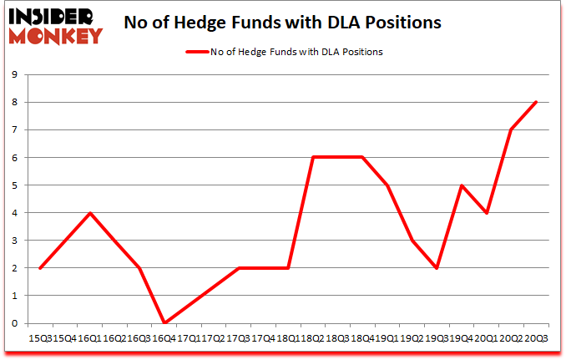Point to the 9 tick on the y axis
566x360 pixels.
15,74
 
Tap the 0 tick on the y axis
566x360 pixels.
15,323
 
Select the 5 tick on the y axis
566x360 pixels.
15,185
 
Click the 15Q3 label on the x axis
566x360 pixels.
42,337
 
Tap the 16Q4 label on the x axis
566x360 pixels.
165,337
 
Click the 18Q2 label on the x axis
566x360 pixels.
314,337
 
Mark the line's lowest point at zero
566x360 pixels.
164,323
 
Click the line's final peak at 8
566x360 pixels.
536,102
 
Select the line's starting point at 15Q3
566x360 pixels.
41,268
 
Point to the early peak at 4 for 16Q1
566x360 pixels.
90,213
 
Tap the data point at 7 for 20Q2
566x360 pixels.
511,129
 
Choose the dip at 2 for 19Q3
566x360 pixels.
437,268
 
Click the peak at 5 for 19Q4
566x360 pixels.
462,185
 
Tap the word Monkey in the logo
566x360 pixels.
58,35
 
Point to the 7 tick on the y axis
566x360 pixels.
15,129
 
